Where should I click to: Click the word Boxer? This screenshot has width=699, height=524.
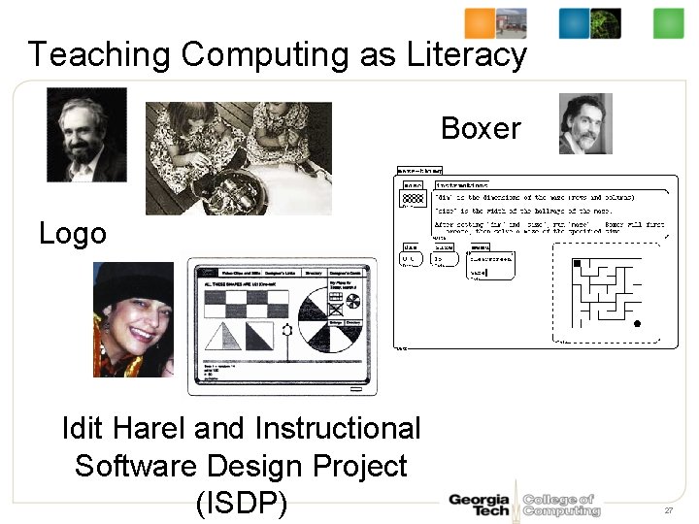pyautogui.click(x=481, y=128)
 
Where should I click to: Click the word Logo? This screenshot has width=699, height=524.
pyautogui.click(x=73, y=234)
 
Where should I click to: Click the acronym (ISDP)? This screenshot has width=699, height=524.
pyautogui.click(x=241, y=505)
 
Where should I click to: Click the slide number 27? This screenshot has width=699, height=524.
pyautogui.click(x=669, y=510)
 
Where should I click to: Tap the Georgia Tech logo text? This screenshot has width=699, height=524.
pyautogui.click(x=478, y=505)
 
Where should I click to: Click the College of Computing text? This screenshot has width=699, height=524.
pyautogui.click(x=561, y=505)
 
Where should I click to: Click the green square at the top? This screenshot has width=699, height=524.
pyautogui.click(x=668, y=23)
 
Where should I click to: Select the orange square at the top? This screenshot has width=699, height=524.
pyautogui.click(x=480, y=23)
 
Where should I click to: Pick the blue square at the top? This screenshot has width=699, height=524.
pyautogui.click(x=574, y=23)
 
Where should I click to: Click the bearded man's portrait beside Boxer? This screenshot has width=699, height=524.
pyautogui.click(x=585, y=123)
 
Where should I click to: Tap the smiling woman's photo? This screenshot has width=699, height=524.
pyautogui.click(x=133, y=319)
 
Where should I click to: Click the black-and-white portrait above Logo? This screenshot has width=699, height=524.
pyautogui.click(x=86, y=135)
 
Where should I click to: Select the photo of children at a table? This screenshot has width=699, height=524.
pyautogui.click(x=238, y=158)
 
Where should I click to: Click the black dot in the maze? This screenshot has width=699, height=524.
pyautogui.click(x=637, y=324)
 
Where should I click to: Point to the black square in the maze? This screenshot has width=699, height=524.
pyautogui.click(x=576, y=264)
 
